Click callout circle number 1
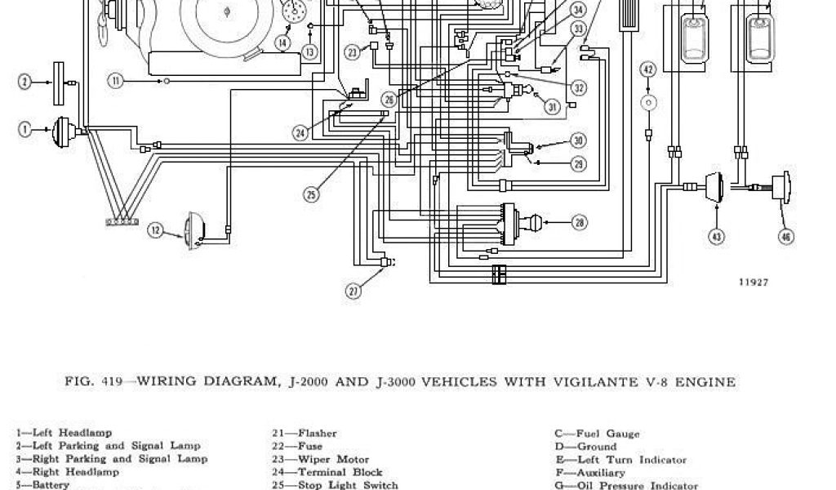coord(24,129)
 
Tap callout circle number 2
coord(24,81)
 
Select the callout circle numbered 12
coord(156,230)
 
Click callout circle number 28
coord(579,222)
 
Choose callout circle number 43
coord(716,237)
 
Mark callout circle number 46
coord(786,237)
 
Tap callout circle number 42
coord(648,70)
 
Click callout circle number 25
coord(311,194)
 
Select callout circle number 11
coord(117,80)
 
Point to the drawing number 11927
coord(754,282)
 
